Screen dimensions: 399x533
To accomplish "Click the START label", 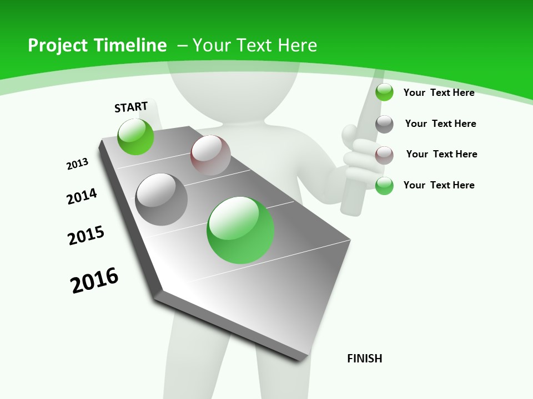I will point(131,107).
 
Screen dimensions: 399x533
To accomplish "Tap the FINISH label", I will point(365,359).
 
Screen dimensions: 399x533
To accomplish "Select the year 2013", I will point(77,164).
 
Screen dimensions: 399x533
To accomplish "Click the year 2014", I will point(82,196).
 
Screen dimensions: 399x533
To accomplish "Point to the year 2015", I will point(86,236).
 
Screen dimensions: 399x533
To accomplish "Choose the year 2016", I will point(94,280).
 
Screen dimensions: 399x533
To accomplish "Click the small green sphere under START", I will point(135,136).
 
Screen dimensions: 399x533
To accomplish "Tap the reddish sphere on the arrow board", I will point(210,155).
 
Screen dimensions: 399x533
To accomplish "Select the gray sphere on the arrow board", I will point(162,199).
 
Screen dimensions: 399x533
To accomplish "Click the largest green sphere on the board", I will point(240,230).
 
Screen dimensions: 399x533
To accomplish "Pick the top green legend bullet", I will point(384,92).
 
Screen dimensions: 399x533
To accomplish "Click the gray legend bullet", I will point(384,124).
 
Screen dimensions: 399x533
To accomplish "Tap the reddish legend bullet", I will point(384,155).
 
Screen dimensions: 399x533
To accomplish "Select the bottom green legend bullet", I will point(384,186).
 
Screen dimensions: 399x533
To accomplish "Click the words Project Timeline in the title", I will point(97,45).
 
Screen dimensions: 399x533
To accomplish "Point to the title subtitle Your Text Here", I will point(254,45).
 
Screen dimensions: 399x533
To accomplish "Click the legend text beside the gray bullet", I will point(440,124).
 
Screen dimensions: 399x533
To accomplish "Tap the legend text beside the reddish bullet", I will point(441,154).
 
